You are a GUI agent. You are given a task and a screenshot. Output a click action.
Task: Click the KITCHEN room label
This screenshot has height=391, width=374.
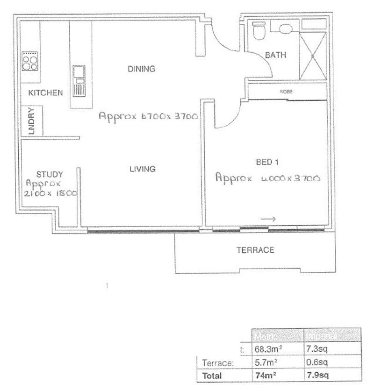pos(45,92)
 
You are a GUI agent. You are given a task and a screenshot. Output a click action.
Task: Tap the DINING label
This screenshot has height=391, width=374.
pos(141,69)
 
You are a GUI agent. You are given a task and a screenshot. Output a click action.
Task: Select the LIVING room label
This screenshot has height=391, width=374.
pos(142,169)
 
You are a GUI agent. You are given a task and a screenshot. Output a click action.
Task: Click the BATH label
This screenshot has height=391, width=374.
pos(275,55)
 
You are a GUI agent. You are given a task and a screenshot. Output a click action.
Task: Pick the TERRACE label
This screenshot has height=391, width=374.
pos(255,250)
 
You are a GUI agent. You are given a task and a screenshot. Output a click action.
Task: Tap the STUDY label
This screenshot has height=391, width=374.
pos(49,174)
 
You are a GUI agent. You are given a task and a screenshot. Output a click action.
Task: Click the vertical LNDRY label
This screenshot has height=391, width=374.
pos(32,122)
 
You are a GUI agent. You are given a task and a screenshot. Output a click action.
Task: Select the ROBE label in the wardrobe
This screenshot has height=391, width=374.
pos(286,92)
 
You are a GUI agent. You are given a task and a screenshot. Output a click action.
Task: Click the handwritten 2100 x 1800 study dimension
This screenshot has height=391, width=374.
pos(50,192)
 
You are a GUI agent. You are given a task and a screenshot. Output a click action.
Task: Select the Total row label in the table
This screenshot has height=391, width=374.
pos(212,375)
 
